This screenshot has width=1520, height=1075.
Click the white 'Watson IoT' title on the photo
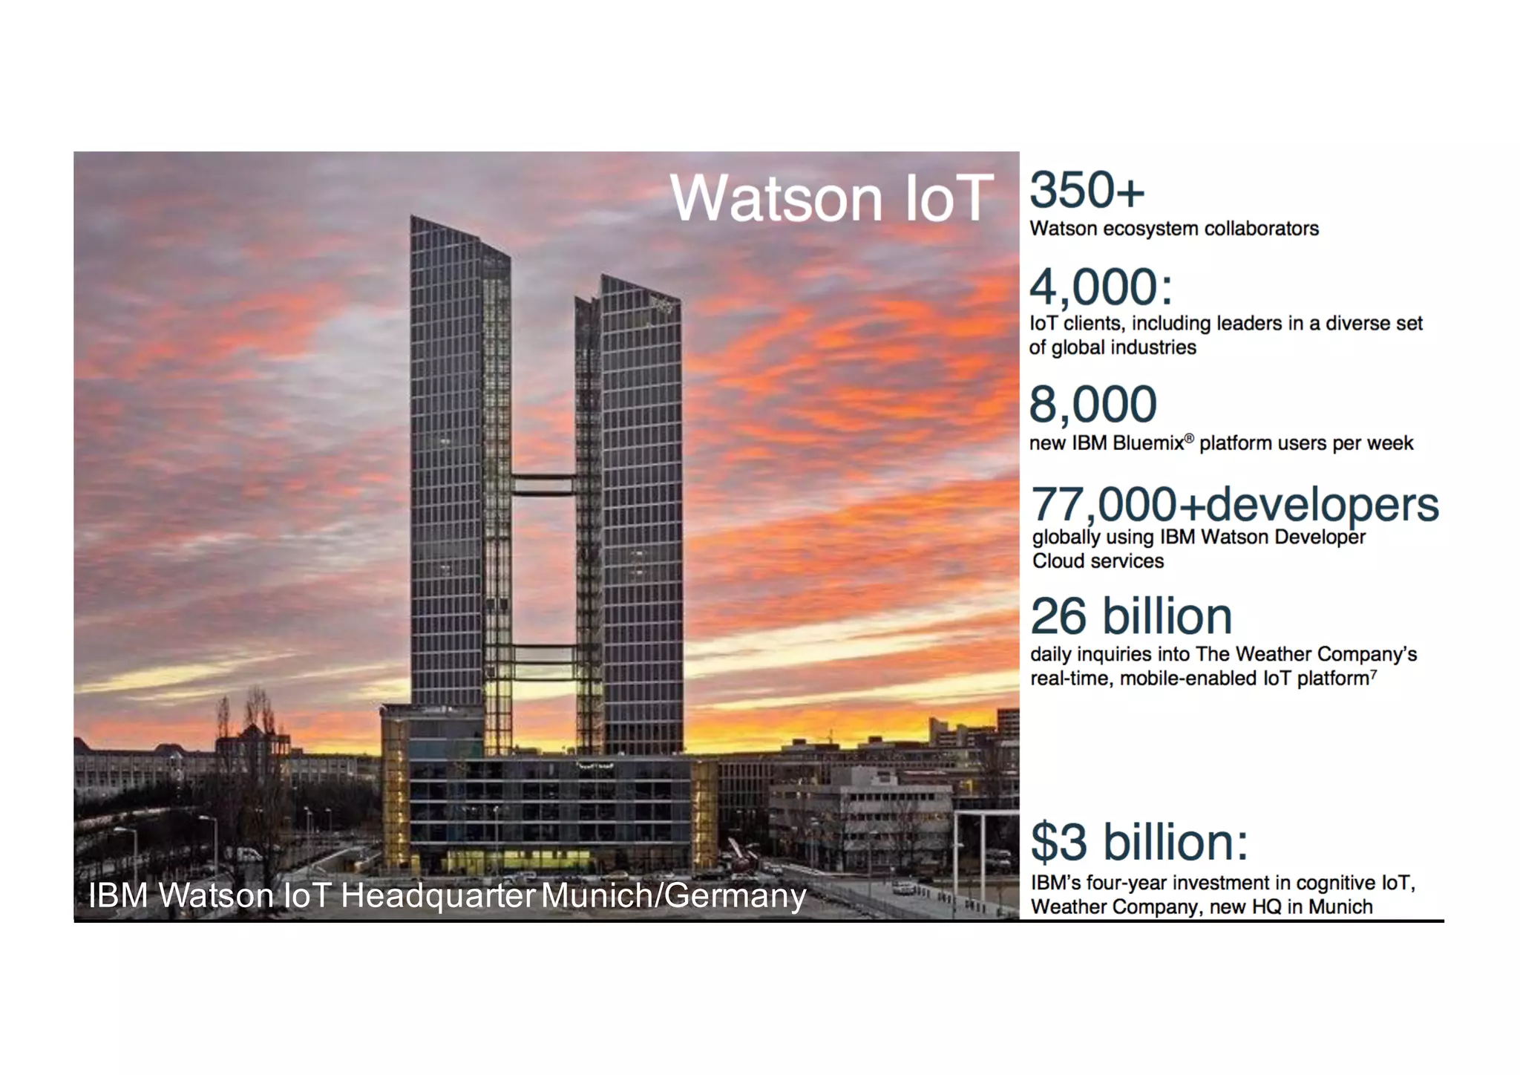831,198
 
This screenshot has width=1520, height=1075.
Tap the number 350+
1087,190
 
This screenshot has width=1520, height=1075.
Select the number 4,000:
1101,287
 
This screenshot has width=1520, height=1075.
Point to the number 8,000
1092,405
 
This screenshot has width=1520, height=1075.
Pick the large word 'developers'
1323,506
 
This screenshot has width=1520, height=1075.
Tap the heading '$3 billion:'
1139,842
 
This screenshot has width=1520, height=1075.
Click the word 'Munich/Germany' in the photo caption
673,895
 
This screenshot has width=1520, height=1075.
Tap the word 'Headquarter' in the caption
438,895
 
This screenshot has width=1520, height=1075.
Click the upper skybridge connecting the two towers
543,484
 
